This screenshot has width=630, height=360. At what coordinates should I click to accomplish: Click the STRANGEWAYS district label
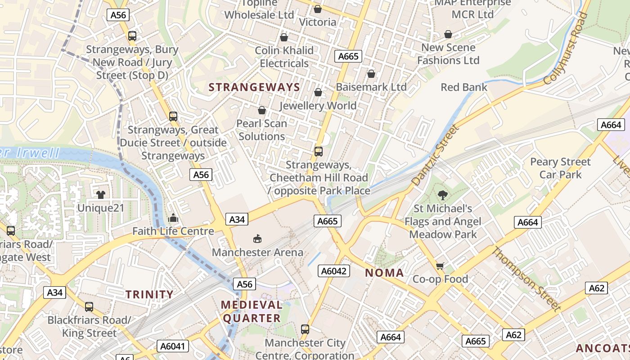pyautogui.click(x=254, y=87)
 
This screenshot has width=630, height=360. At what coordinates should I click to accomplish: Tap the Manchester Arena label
pyautogui.click(x=257, y=252)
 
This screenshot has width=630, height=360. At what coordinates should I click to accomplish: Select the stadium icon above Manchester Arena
pyautogui.click(x=257, y=238)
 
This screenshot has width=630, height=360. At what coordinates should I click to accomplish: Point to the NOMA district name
pyautogui.click(x=384, y=273)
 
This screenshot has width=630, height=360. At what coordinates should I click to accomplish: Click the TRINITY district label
pyautogui.click(x=149, y=295)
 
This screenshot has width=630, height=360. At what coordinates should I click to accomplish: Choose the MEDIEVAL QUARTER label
pyautogui.click(x=252, y=311)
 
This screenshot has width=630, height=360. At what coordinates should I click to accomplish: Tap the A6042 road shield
pyautogui.click(x=334, y=270)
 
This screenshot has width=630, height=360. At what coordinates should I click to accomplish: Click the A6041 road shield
pyautogui.click(x=173, y=346)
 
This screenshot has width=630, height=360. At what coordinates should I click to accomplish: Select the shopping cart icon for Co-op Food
pyautogui.click(x=440, y=266)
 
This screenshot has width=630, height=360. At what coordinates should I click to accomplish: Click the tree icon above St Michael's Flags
pyautogui.click(x=443, y=195)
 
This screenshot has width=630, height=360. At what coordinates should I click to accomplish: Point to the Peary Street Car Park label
pyautogui.click(x=560, y=168)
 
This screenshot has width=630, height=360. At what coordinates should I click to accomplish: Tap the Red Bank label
pyautogui.click(x=464, y=87)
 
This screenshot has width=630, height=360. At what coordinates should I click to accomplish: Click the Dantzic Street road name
pyautogui.click(x=435, y=155)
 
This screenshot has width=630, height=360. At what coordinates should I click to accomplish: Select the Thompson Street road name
pyautogui.click(x=526, y=279)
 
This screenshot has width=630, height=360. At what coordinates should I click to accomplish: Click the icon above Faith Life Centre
pyautogui.click(x=173, y=218)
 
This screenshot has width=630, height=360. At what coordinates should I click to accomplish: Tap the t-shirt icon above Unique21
pyautogui.click(x=100, y=195)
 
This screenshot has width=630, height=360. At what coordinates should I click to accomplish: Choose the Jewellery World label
pyautogui.click(x=318, y=106)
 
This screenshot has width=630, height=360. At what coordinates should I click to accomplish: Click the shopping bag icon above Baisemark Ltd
pyautogui.click(x=371, y=74)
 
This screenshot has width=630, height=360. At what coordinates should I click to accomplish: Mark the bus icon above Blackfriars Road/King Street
pyautogui.click(x=89, y=307)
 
